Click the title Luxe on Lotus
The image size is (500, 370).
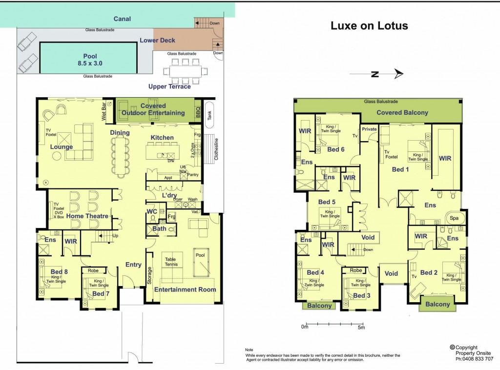coord(369,26)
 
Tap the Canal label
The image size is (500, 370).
coord(122,19)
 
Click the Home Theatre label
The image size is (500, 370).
coord(87,216)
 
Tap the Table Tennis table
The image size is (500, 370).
coord(171,262)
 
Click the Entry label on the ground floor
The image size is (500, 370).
coord(133,265)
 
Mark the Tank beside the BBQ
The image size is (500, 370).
coord(209,114)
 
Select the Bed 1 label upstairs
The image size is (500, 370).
coord(398,169)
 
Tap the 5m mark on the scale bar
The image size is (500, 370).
coord(361,327)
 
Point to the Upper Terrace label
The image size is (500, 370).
coord(169,87)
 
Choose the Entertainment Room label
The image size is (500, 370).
coord(185,289)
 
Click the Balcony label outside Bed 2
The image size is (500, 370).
coord(437,304)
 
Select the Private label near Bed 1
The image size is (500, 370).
coord(369,129)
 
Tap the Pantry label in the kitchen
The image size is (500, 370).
coord(192,174)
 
